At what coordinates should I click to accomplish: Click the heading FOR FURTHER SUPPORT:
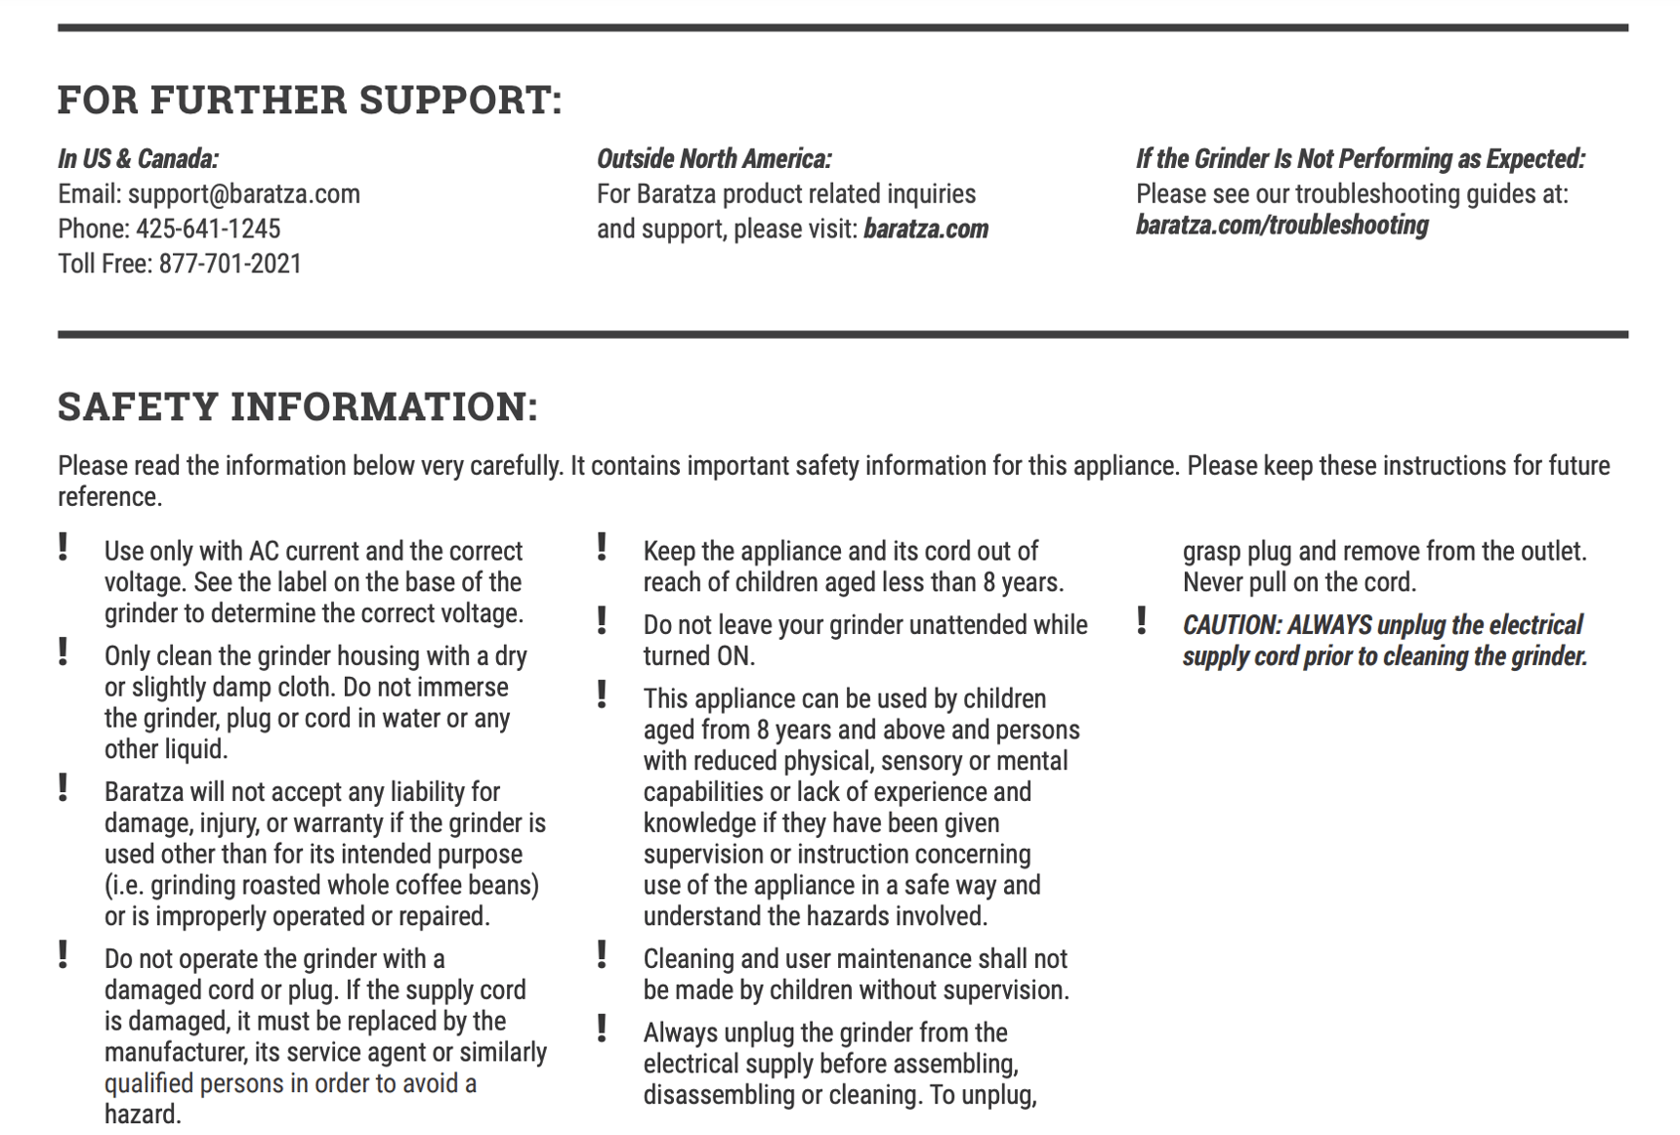[x=310, y=100]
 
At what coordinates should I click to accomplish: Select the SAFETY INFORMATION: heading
[x=298, y=406]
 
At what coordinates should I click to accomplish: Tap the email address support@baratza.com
[x=244, y=194]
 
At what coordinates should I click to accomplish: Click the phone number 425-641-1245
[x=208, y=229]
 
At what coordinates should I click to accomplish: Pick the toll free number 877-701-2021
[x=231, y=264]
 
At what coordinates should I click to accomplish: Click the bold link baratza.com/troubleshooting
[x=1281, y=226]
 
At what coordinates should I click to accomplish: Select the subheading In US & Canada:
[x=138, y=159]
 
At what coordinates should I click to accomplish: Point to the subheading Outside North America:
[x=714, y=159]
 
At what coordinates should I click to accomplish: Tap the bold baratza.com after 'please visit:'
[x=926, y=230]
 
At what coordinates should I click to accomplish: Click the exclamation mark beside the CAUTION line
[x=1141, y=621]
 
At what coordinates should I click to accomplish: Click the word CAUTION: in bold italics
[x=1232, y=625]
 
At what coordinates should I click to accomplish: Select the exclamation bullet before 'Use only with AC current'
[x=63, y=547]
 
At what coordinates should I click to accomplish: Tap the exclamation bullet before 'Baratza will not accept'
[x=63, y=787]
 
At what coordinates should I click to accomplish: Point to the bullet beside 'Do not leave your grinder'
[x=603, y=620]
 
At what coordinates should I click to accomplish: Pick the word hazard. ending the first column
[x=143, y=1114]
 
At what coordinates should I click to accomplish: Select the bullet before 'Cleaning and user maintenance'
[x=603, y=954]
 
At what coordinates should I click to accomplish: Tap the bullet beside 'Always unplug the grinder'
[x=603, y=1029]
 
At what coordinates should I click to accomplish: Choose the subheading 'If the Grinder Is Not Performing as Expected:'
[x=1360, y=159]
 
